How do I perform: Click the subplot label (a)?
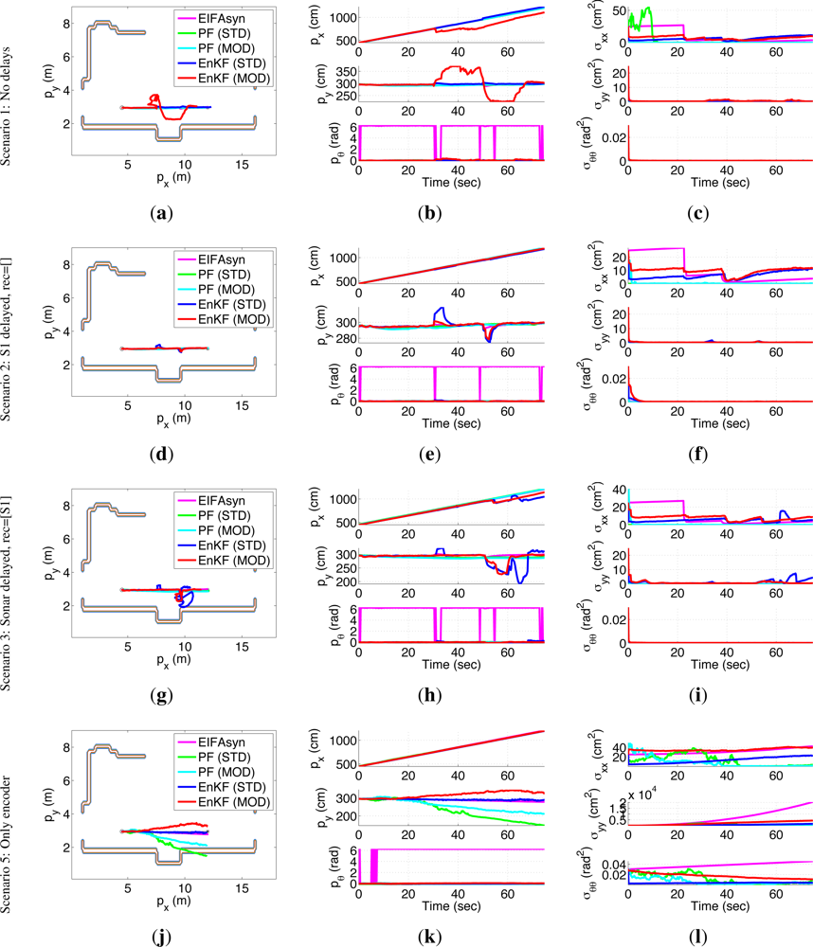point(163,214)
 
